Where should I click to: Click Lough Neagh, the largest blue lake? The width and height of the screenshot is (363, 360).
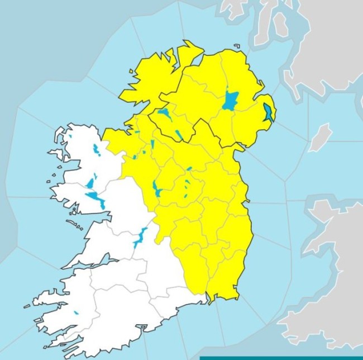230,101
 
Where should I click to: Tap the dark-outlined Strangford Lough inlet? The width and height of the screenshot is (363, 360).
269,112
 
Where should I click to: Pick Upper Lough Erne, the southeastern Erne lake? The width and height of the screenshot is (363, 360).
179,135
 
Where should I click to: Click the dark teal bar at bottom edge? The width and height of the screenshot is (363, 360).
279,358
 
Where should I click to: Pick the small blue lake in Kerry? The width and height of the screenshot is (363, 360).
75,313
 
